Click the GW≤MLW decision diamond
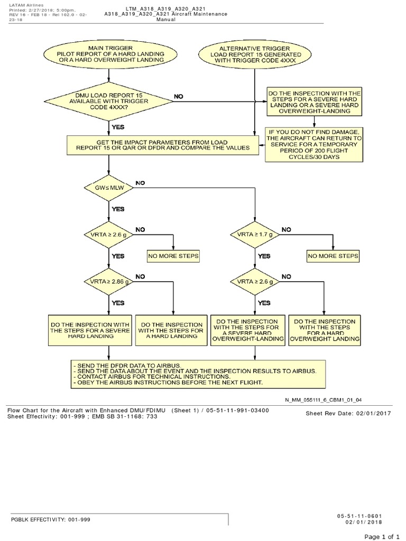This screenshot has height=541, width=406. tap(109, 187)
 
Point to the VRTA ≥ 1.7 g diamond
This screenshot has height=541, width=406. tap(255, 234)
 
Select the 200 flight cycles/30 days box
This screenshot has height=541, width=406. tap(315, 144)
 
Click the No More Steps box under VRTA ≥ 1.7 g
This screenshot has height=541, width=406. tap(333, 256)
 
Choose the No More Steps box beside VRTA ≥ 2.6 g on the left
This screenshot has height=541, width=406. tap(173, 256)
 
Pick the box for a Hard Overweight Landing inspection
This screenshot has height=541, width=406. tap(325, 330)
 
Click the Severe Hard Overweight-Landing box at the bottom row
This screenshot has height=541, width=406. tap(247, 330)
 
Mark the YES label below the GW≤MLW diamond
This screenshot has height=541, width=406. tap(118, 209)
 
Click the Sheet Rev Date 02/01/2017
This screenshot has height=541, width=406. tap(348, 413)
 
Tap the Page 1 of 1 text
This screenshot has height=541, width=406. tap(382, 536)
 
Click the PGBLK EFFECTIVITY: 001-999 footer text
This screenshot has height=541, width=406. tap(51, 519)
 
